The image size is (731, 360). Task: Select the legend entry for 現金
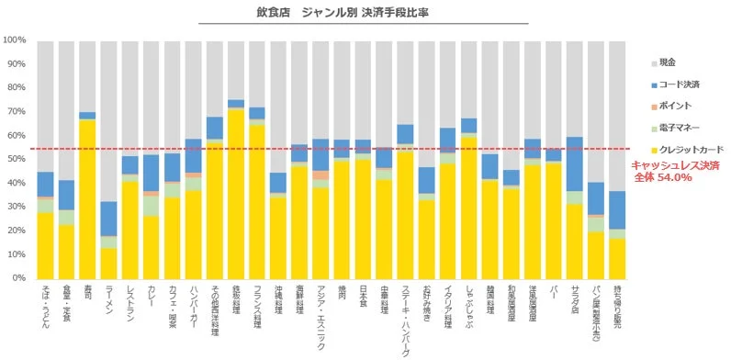click(668, 62)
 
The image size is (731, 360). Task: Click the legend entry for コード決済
click(677, 84)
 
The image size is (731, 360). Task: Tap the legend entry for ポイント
click(673, 106)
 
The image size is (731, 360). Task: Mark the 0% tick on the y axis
click(18, 277)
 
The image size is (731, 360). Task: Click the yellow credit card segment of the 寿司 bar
click(87, 197)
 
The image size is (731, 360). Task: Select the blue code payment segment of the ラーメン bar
click(108, 219)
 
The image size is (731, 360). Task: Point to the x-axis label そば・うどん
click(44, 307)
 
